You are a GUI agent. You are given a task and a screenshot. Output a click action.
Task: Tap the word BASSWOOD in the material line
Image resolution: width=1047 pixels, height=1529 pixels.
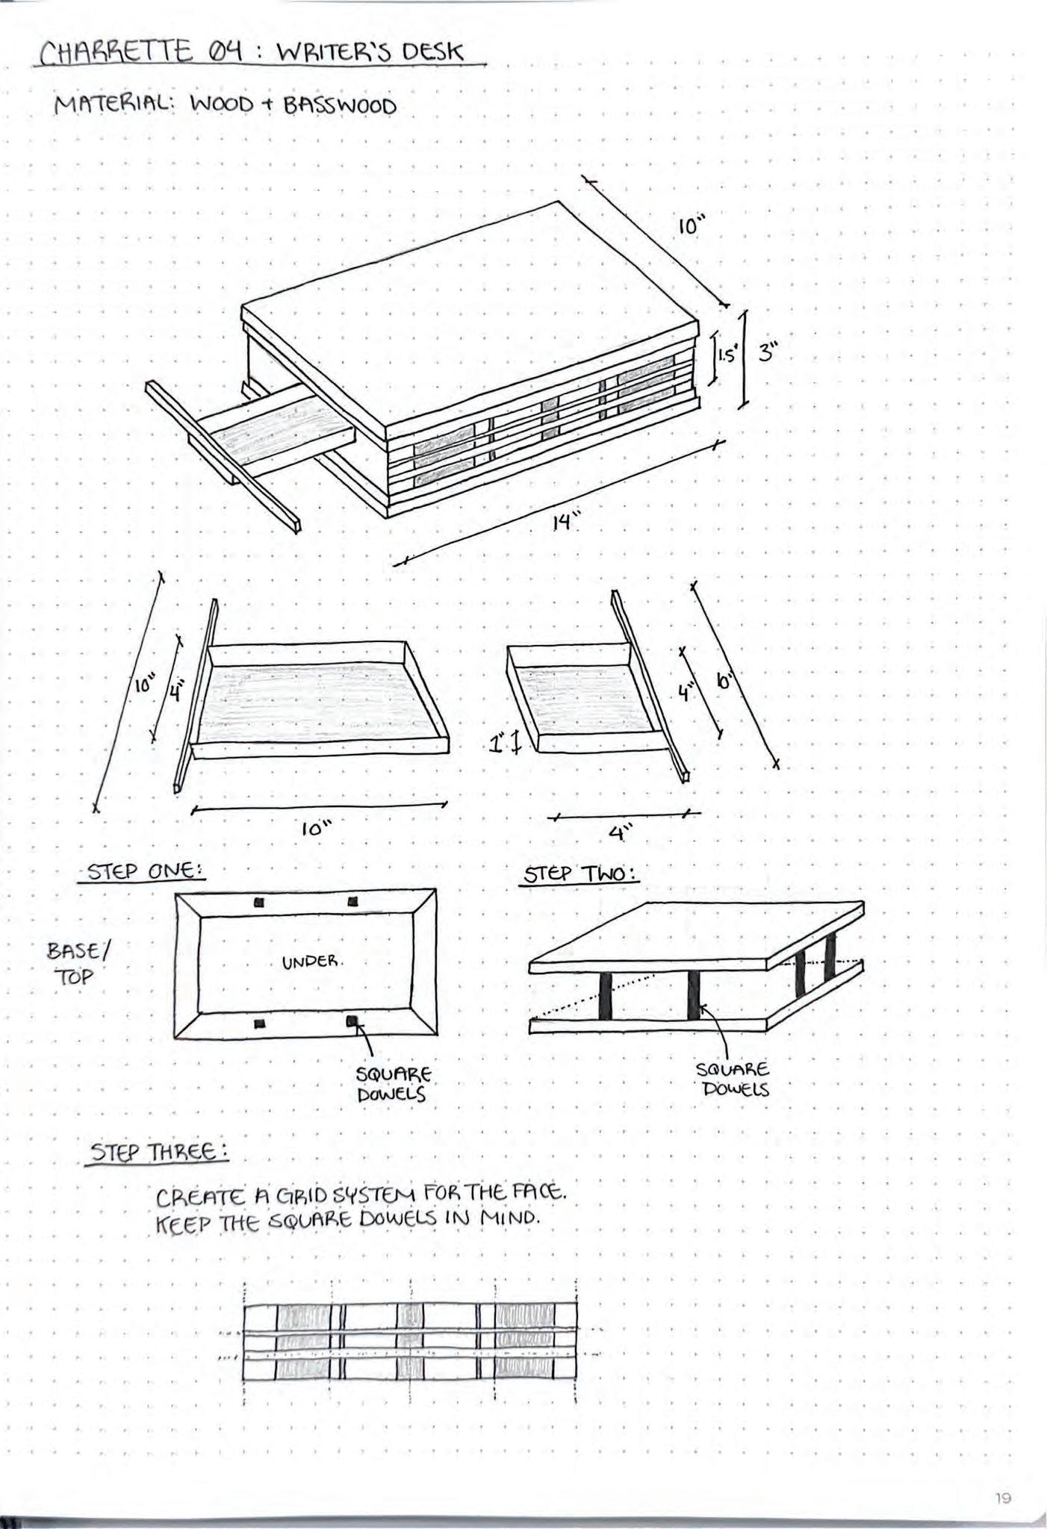[339, 106]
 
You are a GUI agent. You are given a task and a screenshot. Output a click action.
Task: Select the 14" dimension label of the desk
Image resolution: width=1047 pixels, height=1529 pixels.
[565, 522]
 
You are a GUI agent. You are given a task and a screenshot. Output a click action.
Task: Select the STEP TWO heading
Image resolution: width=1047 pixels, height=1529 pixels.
[580, 874]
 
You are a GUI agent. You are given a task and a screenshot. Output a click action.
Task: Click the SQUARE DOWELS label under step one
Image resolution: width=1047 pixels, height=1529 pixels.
[394, 1085]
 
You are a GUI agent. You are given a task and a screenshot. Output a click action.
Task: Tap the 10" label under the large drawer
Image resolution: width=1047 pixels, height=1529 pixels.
[317, 829]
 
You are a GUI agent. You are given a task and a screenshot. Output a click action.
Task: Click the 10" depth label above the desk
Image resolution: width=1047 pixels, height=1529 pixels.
[692, 225]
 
